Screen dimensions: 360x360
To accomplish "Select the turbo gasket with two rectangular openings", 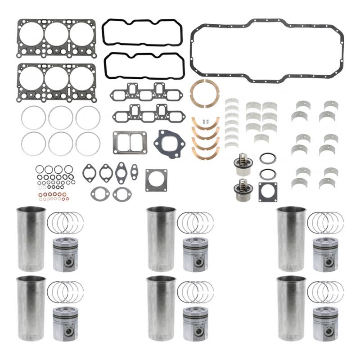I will [129, 142].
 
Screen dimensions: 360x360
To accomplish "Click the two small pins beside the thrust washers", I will [206, 121].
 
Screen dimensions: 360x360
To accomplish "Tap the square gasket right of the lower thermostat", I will [268, 193].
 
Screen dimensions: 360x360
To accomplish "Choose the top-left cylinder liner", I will [31, 238].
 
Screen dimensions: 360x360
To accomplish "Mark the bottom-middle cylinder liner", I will [161, 308].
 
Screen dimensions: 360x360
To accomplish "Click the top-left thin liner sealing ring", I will [33, 118].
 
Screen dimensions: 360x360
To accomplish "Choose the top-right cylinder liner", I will [291, 238].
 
